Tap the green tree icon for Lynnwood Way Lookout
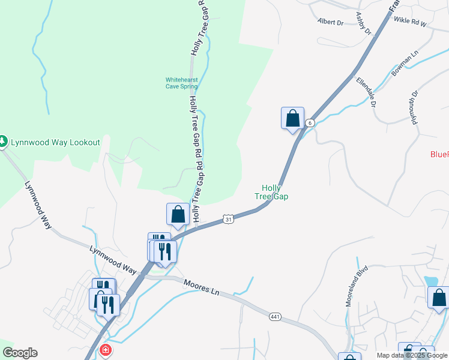pyautogui.click(x=3, y=142)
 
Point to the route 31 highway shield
pyautogui.click(x=228, y=220)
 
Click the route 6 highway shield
pyautogui.click(x=309, y=122)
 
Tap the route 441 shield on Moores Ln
pyautogui.click(x=275, y=316)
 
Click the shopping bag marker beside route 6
pyautogui.click(x=293, y=118)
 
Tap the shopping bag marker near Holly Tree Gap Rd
pyautogui.click(x=178, y=214)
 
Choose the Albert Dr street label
pyautogui.click(x=331, y=22)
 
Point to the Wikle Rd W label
pyautogui.click(x=409, y=22)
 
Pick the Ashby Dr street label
pyautogui.click(x=364, y=20)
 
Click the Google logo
pyautogui.click(x=20, y=353)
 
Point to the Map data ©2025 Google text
pyautogui.click(x=412, y=355)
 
